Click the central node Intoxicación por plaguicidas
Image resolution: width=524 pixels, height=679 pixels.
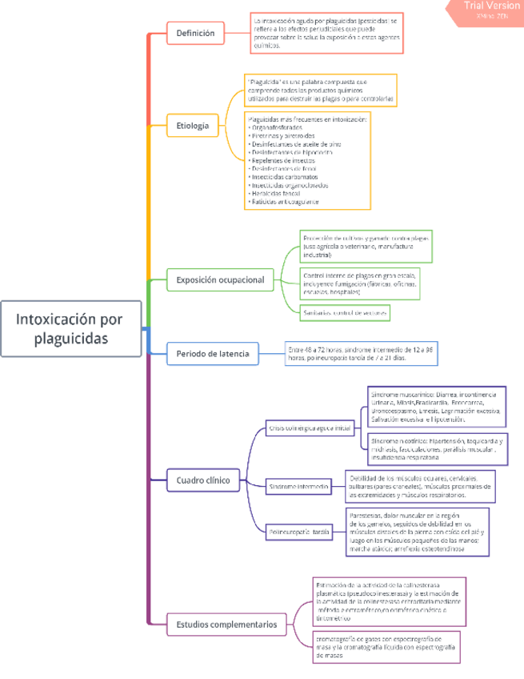pos(70,328)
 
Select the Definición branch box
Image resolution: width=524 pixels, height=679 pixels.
pos(195,34)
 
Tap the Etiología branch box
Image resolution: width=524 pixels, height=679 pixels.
pos(192,126)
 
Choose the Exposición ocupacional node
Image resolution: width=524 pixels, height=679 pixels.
pos(219,280)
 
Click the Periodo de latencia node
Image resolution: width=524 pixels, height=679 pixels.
pos(213,353)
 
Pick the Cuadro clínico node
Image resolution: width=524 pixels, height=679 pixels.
pos(203,480)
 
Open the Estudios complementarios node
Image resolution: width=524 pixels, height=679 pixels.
pos(226,624)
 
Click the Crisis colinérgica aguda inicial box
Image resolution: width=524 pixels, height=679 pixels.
pos(310,428)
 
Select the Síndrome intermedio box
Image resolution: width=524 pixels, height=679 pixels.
pos(299,486)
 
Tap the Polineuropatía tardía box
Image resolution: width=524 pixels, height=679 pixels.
pos(300,531)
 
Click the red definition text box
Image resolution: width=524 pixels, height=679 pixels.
pos(327,33)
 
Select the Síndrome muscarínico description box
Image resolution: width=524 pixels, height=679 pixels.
pos(436,407)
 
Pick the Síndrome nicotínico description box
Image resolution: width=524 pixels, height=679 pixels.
pos(436,450)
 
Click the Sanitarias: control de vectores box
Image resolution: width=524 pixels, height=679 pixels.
pos(345,312)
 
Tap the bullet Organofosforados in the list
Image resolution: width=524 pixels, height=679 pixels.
pos(276,127)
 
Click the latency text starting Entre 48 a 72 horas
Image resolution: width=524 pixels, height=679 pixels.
pos(361,353)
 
